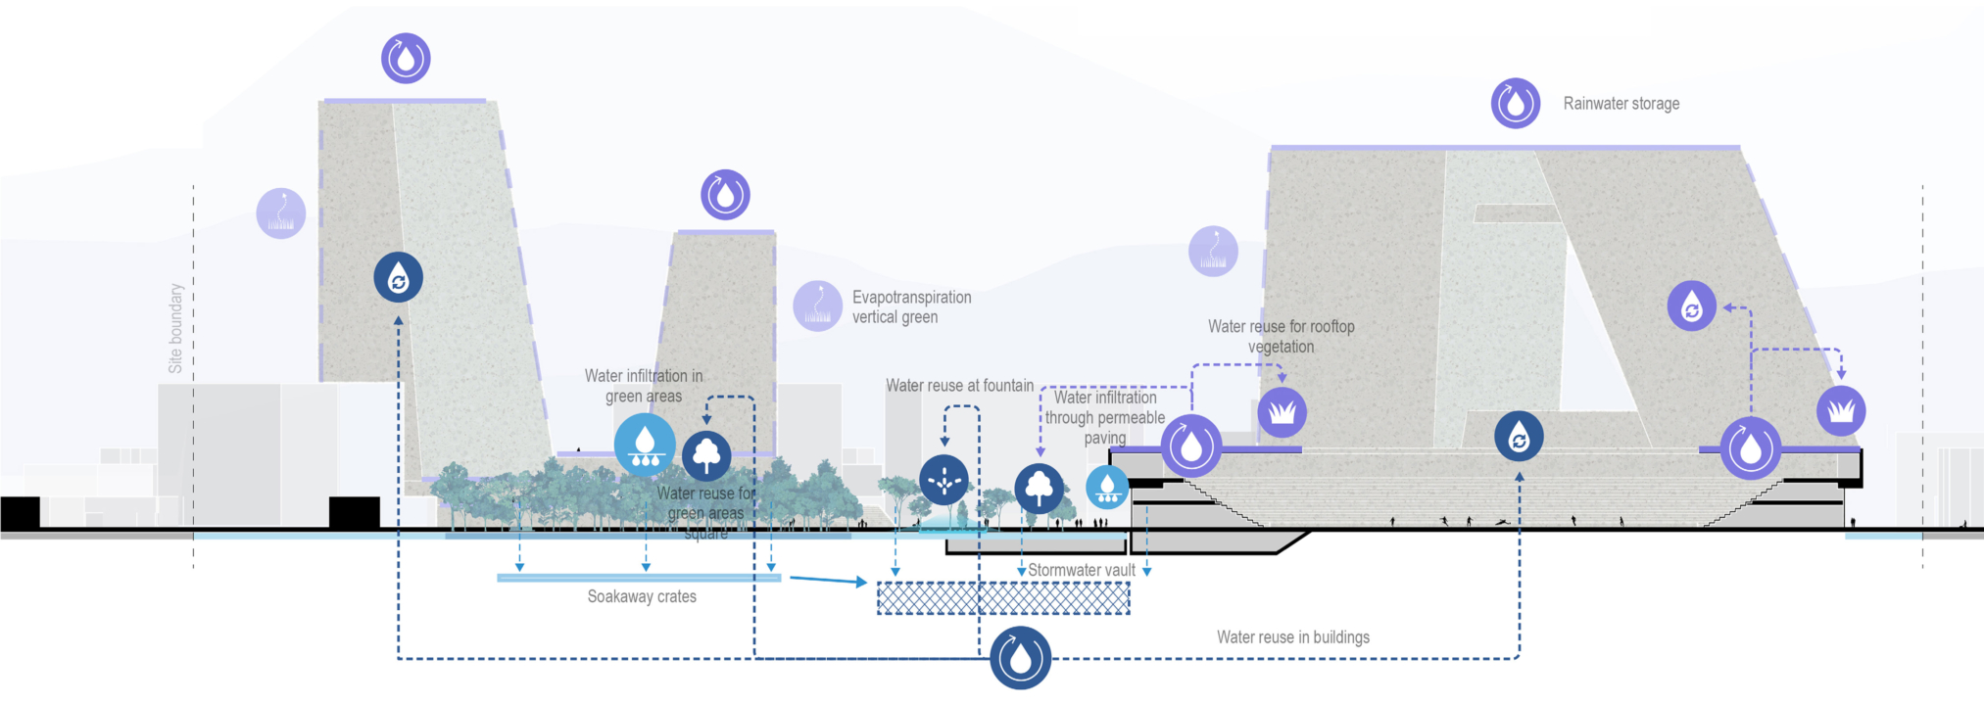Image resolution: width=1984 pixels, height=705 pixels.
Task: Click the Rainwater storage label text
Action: click(x=1621, y=104)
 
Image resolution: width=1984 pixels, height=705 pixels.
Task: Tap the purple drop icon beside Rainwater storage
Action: click(x=1516, y=103)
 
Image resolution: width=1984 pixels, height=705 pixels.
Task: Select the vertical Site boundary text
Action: click(x=176, y=328)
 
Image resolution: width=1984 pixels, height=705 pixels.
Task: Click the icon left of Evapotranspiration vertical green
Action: click(x=817, y=306)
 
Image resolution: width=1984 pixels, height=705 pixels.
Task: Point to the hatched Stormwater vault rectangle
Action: click(x=1003, y=598)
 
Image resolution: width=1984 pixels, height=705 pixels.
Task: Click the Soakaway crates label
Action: click(x=642, y=596)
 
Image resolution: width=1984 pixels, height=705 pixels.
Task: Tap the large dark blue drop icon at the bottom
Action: click(x=1020, y=658)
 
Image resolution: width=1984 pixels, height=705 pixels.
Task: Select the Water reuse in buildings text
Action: click(x=1293, y=637)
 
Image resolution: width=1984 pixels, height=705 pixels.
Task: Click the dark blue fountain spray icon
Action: click(x=944, y=480)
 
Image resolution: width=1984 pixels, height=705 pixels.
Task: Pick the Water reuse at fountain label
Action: click(x=959, y=386)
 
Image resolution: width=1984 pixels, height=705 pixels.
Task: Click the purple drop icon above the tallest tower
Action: click(x=406, y=58)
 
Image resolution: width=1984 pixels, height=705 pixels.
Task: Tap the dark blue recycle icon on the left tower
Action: click(x=398, y=277)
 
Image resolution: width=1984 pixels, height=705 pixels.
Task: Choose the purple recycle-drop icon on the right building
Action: click(x=1692, y=305)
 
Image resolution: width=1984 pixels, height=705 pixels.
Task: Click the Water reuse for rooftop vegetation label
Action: click(x=1281, y=336)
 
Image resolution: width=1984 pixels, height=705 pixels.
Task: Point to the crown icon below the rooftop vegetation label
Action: click(x=1282, y=412)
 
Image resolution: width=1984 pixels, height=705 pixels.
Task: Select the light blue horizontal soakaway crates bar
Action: click(x=639, y=578)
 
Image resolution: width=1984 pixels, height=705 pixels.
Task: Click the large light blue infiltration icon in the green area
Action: click(x=645, y=445)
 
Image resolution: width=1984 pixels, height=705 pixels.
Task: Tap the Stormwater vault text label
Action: click(x=1082, y=570)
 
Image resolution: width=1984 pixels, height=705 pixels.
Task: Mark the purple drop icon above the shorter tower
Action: click(x=725, y=195)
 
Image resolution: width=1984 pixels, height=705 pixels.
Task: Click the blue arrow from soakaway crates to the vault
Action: click(x=828, y=581)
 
